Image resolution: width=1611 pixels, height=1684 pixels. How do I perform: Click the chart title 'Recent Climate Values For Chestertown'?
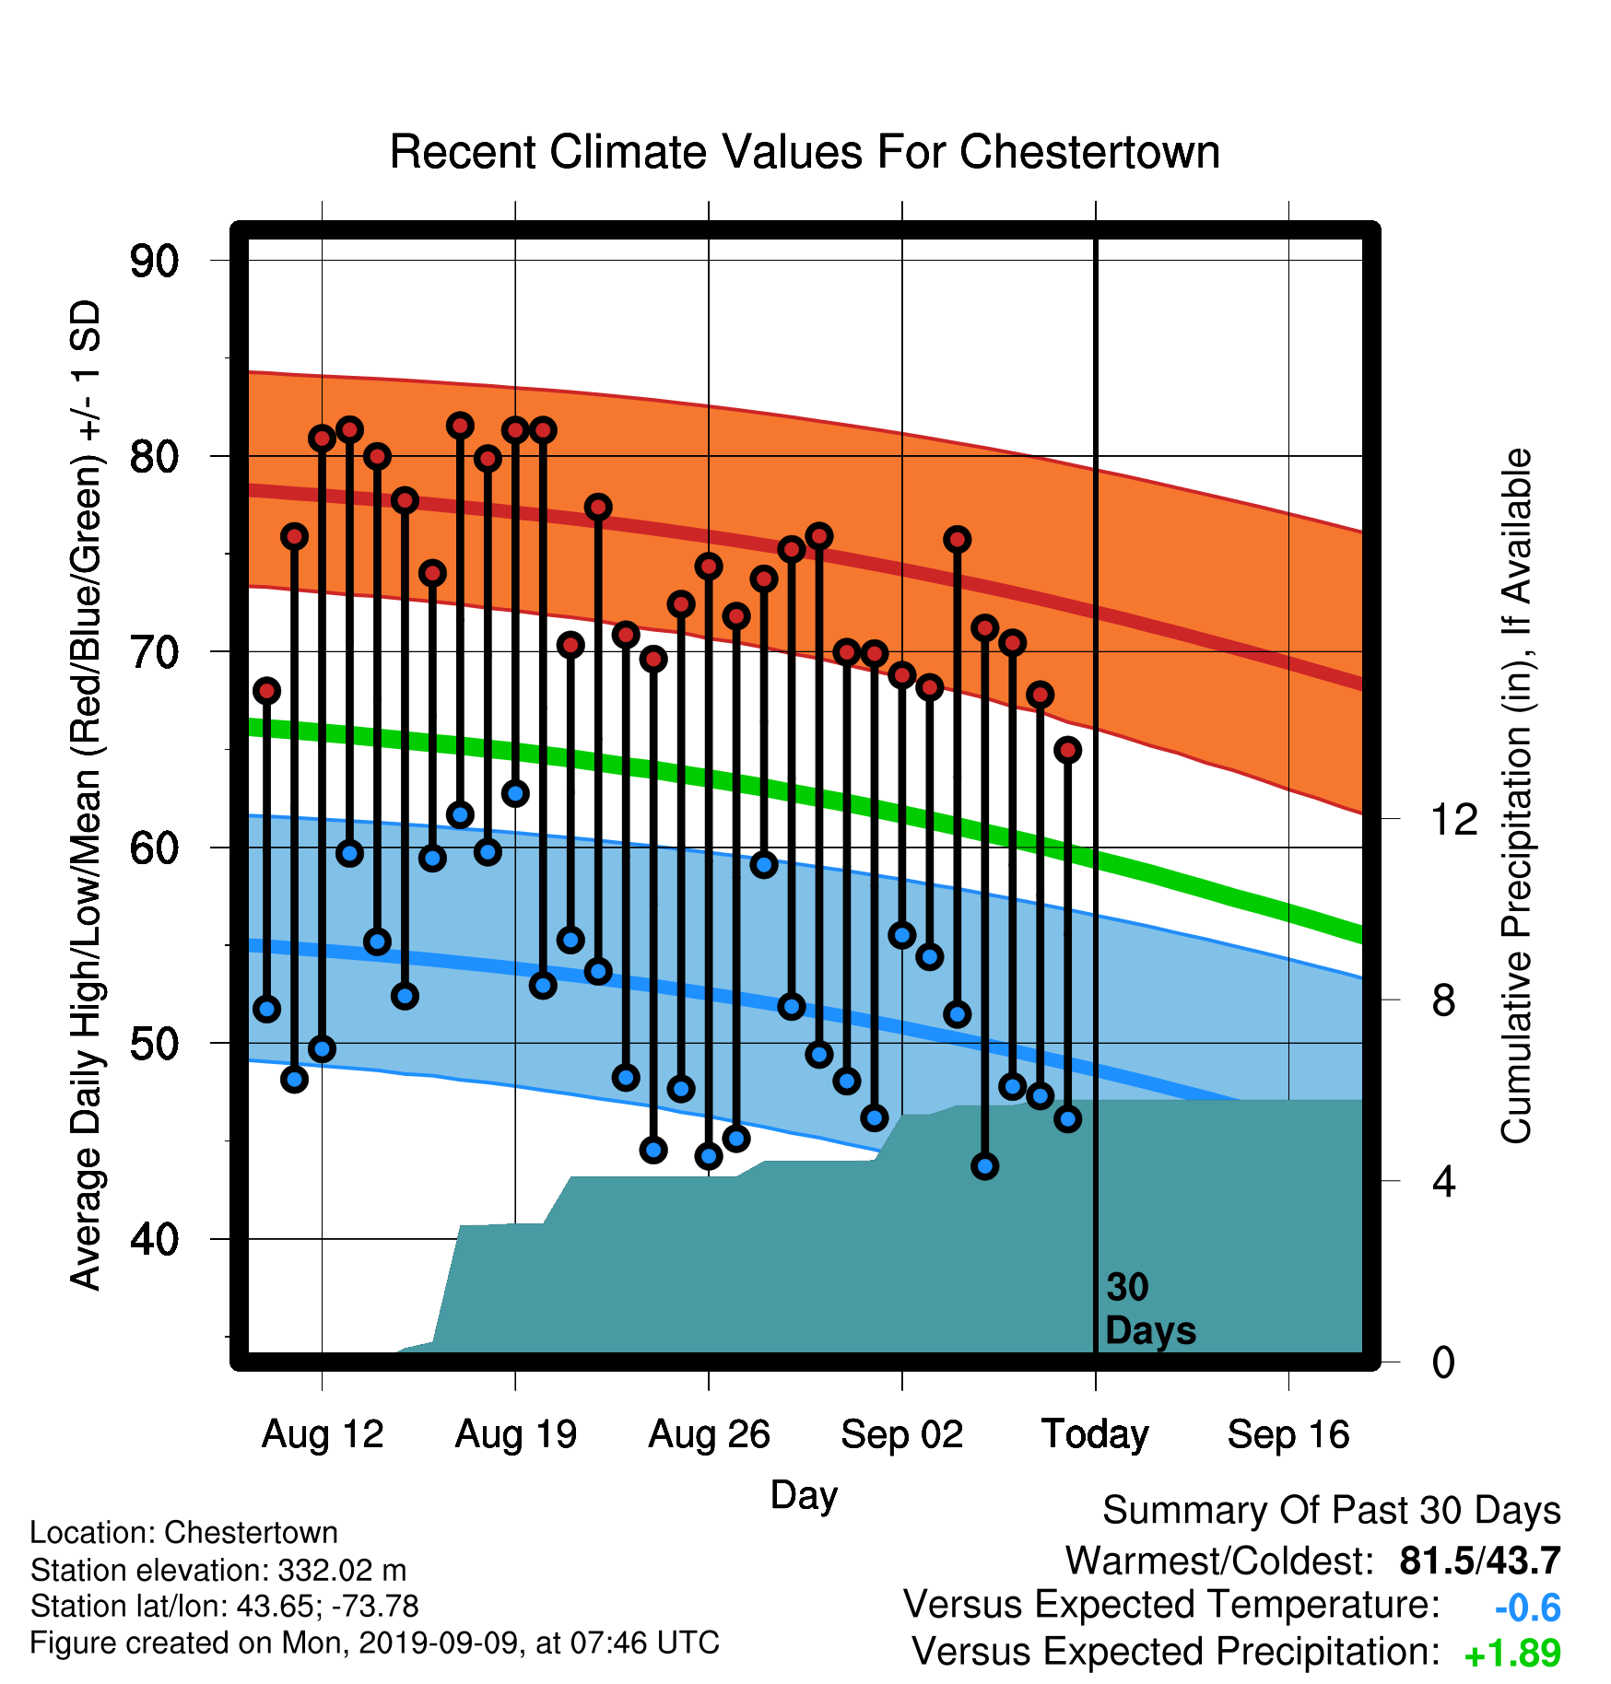[805, 152]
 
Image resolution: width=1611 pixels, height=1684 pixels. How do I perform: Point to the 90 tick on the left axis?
[154, 261]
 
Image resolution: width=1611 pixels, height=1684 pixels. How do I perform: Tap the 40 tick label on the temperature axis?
[154, 1239]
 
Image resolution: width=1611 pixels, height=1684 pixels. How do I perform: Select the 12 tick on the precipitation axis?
[1453, 818]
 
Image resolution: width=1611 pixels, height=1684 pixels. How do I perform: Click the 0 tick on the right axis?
[1443, 1362]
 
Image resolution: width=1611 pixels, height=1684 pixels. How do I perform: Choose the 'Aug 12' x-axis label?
[323, 1434]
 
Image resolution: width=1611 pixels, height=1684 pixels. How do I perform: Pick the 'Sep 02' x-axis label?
[902, 1434]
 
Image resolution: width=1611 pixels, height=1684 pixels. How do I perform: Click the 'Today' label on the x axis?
[1095, 1434]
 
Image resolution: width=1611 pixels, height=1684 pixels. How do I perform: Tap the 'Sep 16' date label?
[1288, 1434]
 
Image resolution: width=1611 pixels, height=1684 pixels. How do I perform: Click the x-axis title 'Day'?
[804, 1496]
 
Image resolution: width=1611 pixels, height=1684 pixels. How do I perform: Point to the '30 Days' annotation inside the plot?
[1150, 1309]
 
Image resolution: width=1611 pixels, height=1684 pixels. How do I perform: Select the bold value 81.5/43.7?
[1480, 1561]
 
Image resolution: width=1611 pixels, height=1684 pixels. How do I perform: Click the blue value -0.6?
[1528, 1608]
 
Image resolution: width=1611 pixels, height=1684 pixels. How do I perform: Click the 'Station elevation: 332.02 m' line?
[218, 1569]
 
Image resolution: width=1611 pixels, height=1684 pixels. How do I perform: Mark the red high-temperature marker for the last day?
[1068, 750]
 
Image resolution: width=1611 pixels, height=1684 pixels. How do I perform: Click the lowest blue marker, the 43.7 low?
[984, 1166]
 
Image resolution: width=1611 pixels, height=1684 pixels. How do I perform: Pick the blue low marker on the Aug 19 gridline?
[515, 793]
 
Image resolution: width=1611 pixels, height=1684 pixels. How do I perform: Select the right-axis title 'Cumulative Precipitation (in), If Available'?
[1516, 796]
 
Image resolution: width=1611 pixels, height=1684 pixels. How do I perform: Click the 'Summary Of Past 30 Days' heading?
[1332, 1511]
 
